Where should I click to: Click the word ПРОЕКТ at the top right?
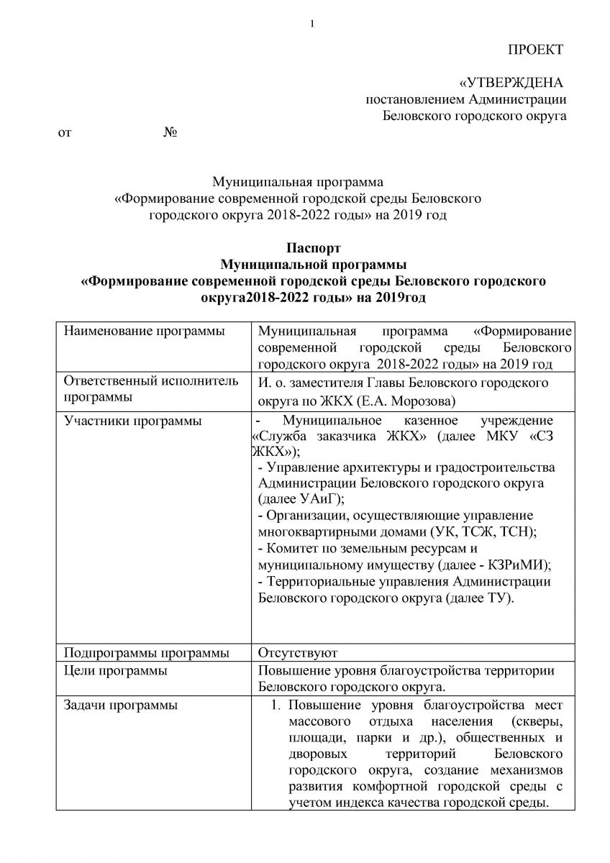pyautogui.click(x=536, y=50)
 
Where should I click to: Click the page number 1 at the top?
pyautogui.click(x=312, y=24)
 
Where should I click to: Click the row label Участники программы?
pyautogui.click(x=132, y=421)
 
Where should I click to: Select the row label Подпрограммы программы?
pyautogui.click(x=147, y=653)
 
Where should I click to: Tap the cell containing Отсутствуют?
pyautogui.click(x=411, y=653)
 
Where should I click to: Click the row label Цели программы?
pyautogui.click(x=116, y=671)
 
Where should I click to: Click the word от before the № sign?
pyautogui.click(x=65, y=133)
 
